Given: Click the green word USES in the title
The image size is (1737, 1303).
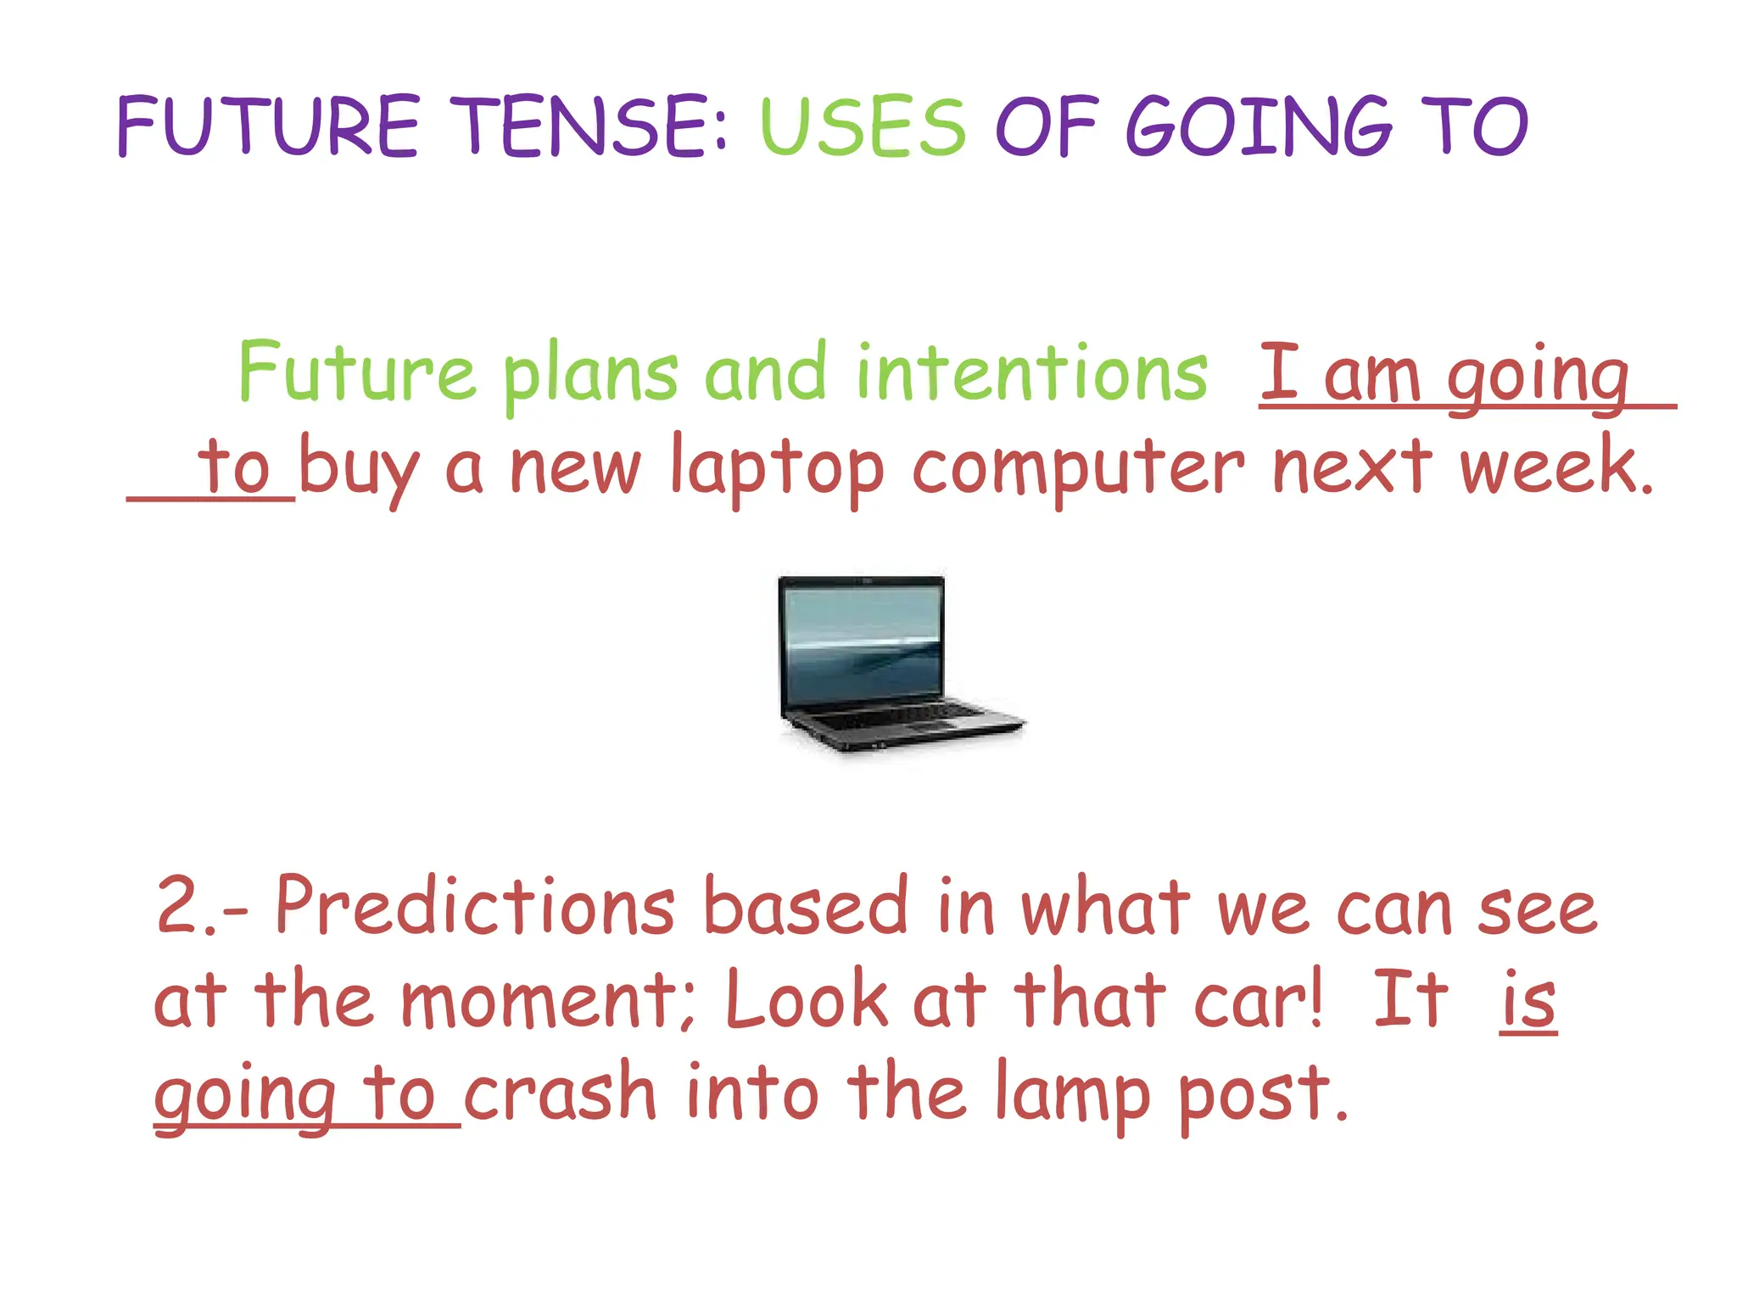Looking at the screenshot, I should click(x=862, y=127).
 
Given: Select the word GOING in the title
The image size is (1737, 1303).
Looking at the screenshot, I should click(x=1259, y=127).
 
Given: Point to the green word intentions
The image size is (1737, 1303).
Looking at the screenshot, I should click(x=1031, y=373).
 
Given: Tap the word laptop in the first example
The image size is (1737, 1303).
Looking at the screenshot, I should click(x=777, y=469).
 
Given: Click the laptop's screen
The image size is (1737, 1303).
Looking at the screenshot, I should click(x=862, y=645).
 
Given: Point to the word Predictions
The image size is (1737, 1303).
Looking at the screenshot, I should click(x=475, y=906).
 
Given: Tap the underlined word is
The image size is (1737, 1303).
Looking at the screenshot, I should click(x=1528, y=1001).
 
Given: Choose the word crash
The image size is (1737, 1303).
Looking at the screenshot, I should click(x=560, y=1094).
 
